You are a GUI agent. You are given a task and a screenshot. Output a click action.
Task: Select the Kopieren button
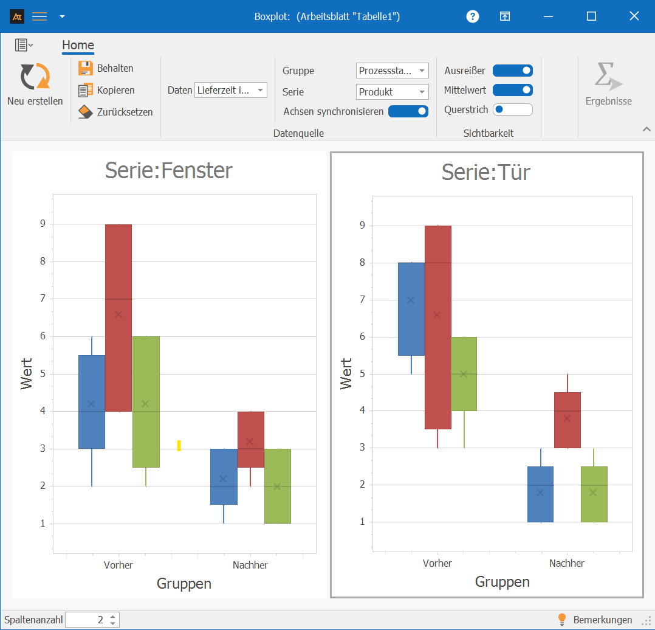pyautogui.click(x=106, y=90)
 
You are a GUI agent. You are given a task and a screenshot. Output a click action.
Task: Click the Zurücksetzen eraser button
pyautogui.click(x=115, y=112)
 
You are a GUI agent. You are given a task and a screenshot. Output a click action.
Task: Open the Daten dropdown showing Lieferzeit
pyautogui.click(x=231, y=91)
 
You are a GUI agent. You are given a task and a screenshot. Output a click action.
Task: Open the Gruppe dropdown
pyautogui.click(x=392, y=71)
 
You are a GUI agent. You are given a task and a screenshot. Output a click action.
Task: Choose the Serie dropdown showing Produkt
pyautogui.click(x=392, y=92)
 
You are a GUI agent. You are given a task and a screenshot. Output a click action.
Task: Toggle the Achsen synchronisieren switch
pyautogui.click(x=408, y=111)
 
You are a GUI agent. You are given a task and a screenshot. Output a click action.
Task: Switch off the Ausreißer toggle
pyautogui.click(x=512, y=71)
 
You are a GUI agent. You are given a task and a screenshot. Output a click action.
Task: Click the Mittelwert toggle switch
pyautogui.click(x=512, y=90)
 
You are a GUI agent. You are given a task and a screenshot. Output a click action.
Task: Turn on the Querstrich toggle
pyautogui.click(x=512, y=109)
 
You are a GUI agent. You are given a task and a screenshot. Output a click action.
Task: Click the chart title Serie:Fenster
pyautogui.click(x=168, y=170)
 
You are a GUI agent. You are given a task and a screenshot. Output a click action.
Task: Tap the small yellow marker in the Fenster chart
pyautogui.click(x=179, y=445)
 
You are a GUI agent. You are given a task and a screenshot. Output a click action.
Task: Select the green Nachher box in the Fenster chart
pyautogui.click(x=277, y=486)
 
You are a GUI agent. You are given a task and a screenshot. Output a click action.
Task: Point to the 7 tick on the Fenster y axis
pyautogui.click(x=42, y=299)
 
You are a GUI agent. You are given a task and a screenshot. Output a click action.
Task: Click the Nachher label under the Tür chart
pyautogui.click(x=566, y=563)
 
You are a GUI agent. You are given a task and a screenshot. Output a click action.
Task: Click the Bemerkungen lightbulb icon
pyautogui.click(x=562, y=620)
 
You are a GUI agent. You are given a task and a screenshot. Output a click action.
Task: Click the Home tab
pyautogui.click(x=78, y=45)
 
